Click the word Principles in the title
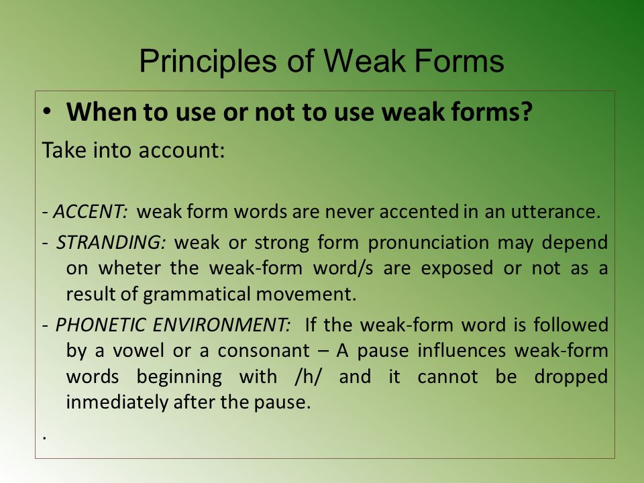click(x=207, y=62)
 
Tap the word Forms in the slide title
click(x=459, y=61)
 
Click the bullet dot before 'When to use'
click(x=48, y=112)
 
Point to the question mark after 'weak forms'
click(x=526, y=111)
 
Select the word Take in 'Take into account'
click(x=64, y=150)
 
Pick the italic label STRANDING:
click(x=111, y=242)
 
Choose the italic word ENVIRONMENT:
click(x=221, y=325)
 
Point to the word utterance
click(x=555, y=211)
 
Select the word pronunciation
click(x=428, y=243)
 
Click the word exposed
click(x=457, y=269)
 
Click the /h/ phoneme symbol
click(x=308, y=376)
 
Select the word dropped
click(x=571, y=377)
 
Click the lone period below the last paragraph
click(x=44, y=439)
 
